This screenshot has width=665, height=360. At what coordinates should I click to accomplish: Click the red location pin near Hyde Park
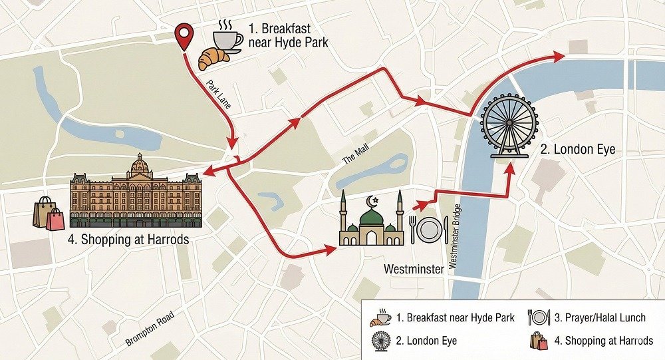[184, 35]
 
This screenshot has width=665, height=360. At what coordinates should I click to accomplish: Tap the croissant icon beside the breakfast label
[213, 59]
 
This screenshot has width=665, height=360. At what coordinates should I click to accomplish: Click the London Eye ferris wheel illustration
[510, 124]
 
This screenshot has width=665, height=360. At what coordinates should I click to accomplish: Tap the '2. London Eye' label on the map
[577, 150]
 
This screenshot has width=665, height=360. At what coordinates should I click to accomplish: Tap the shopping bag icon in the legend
[538, 341]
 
